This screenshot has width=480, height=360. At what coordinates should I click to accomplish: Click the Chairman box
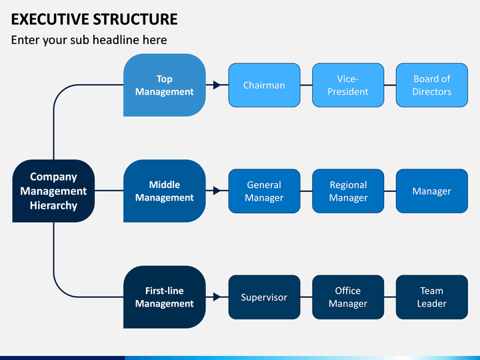click(264, 85)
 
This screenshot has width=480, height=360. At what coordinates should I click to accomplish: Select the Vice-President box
click(348, 85)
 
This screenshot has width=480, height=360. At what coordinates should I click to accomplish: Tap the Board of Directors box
click(431, 85)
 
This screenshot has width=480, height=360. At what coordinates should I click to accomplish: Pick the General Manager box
click(264, 191)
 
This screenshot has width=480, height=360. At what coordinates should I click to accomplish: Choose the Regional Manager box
click(348, 191)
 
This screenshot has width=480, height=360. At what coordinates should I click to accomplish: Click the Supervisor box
click(264, 297)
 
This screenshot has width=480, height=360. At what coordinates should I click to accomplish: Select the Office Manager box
click(348, 297)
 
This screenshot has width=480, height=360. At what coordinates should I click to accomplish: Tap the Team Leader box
click(431, 297)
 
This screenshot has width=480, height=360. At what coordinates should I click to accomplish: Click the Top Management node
click(165, 85)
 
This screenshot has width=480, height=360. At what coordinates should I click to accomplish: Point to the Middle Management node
click(165, 191)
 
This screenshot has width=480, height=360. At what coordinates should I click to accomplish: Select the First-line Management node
click(165, 297)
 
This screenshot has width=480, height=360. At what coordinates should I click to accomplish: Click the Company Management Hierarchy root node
click(53, 191)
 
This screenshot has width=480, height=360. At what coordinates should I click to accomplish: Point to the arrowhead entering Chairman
click(217, 85)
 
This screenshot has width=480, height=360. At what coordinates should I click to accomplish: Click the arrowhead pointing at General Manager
click(217, 191)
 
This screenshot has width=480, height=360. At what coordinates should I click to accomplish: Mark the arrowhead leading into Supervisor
click(217, 297)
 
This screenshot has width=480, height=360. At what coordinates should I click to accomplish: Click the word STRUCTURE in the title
click(135, 19)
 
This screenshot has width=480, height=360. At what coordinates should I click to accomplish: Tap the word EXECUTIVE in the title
click(50, 19)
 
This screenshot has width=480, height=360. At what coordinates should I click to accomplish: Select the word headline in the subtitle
click(116, 40)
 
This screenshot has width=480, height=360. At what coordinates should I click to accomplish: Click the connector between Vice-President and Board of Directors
click(390, 85)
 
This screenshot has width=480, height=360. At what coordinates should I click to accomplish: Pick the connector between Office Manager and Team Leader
click(390, 297)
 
